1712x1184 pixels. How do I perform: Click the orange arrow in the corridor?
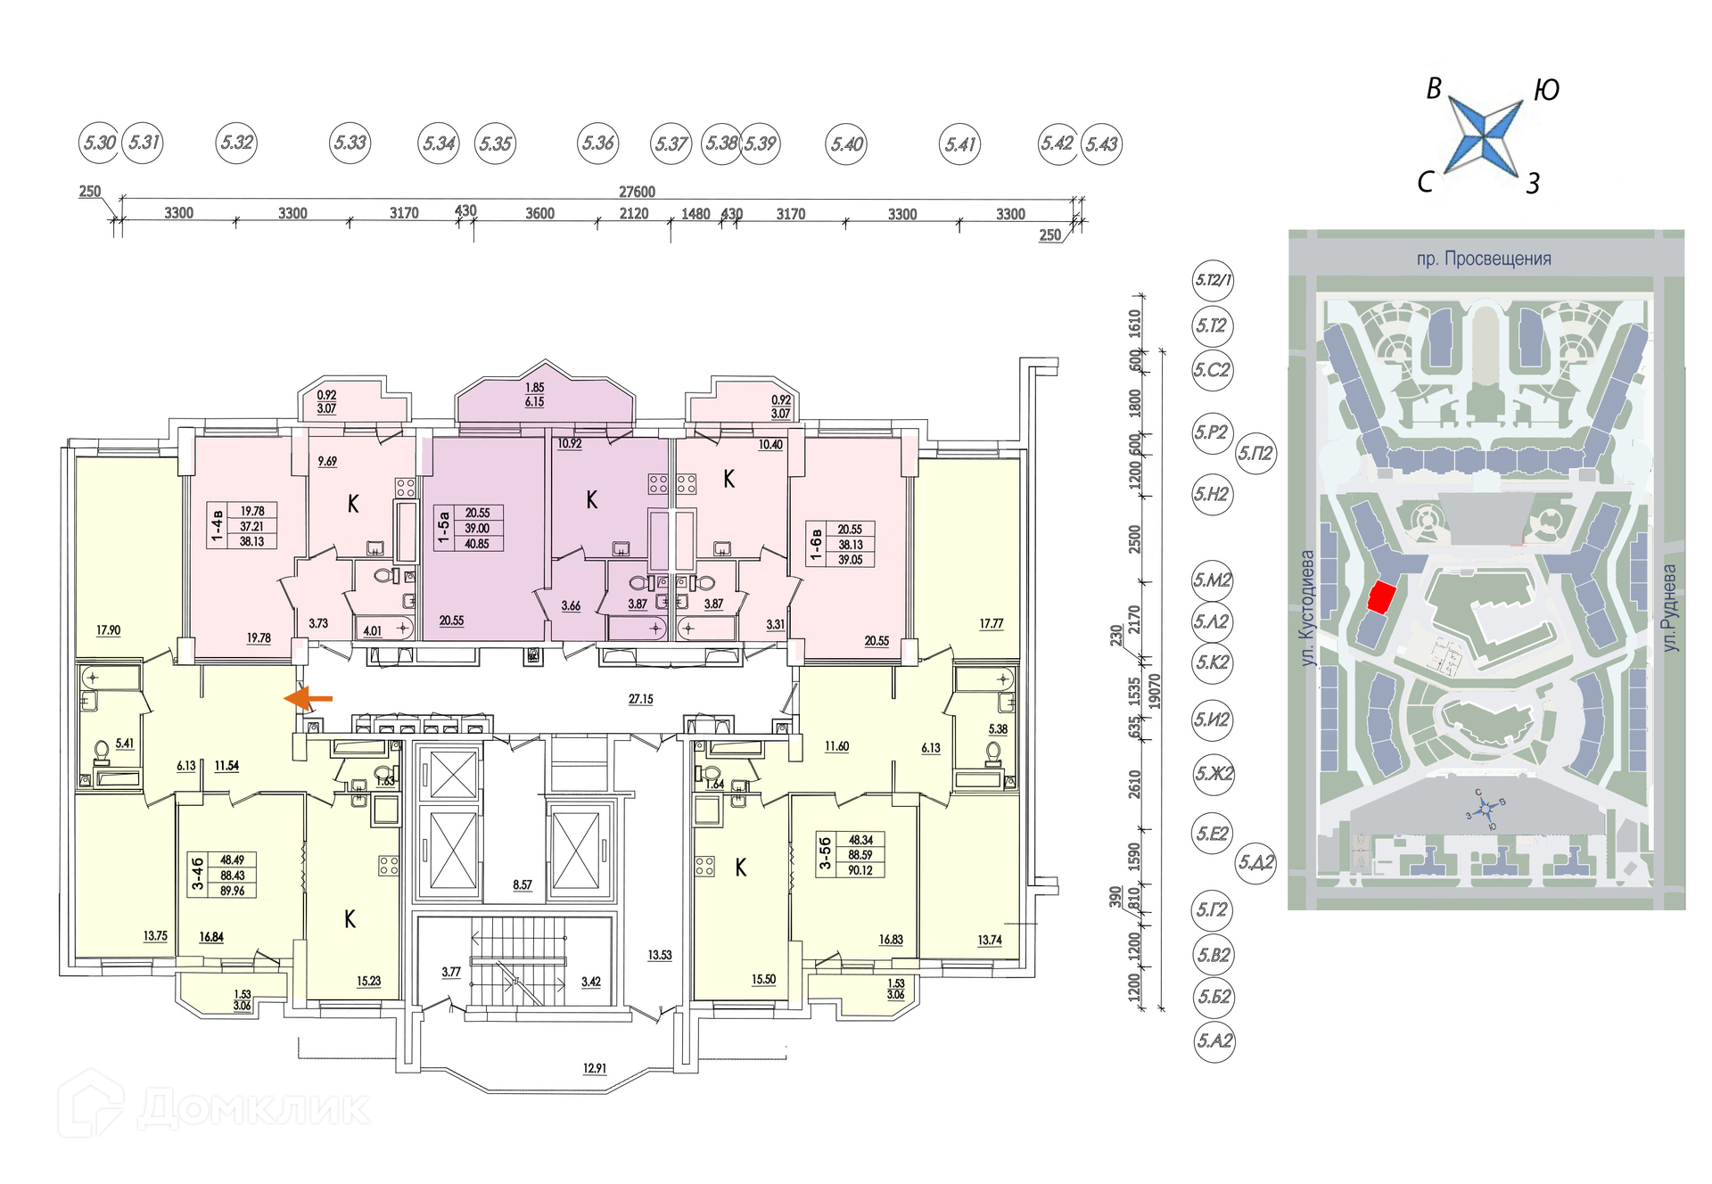coord(308,699)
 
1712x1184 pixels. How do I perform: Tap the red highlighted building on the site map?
coord(1381,596)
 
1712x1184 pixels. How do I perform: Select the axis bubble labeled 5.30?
coord(99,143)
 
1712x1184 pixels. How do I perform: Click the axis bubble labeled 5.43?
coord(1101,144)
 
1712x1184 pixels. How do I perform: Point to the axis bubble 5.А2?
coord(1214,1040)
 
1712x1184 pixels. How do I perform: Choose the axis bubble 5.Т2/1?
coord(1213,280)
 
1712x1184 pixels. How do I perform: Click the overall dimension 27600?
coord(637,192)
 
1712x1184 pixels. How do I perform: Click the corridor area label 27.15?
coord(640,699)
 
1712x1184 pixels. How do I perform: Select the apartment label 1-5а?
coord(443,528)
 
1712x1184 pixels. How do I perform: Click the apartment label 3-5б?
coord(825,854)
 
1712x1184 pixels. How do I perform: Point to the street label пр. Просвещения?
coord(1484,259)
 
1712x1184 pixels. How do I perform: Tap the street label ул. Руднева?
coord(1669,607)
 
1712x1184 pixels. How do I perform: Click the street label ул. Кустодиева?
coord(1307,607)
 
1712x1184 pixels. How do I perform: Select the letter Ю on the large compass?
coord(1546,90)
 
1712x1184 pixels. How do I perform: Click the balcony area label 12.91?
coord(594,1068)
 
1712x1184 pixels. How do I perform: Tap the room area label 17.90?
coord(108,630)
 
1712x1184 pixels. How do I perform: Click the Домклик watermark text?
coord(254,1108)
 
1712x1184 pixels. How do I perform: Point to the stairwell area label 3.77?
coord(451,972)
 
